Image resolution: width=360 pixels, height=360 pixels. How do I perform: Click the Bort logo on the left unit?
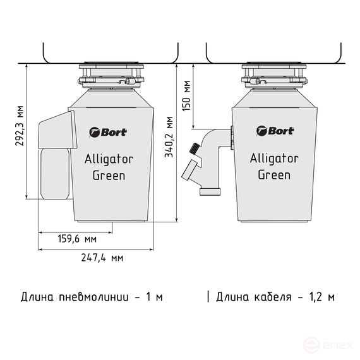109,132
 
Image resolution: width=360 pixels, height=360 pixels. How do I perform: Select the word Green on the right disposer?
274,175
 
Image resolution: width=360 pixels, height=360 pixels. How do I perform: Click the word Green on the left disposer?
109,175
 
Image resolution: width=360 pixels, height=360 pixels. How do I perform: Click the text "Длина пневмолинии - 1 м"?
92,296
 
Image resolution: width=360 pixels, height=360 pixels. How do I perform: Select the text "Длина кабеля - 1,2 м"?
275,296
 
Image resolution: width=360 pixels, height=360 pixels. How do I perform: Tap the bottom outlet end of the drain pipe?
210,189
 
